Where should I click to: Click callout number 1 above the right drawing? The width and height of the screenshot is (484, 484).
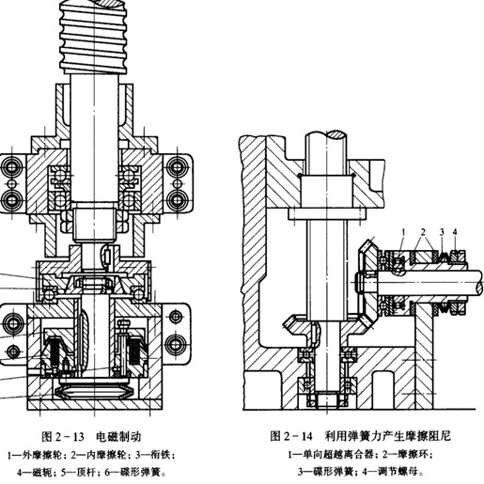click(x=403, y=232)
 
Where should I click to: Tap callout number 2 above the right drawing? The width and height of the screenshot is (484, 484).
click(x=423, y=232)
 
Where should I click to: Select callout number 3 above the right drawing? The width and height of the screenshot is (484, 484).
click(x=442, y=232)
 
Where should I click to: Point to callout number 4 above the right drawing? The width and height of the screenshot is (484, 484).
click(x=455, y=232)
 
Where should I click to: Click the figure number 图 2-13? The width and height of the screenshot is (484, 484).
click(x=63, y=437)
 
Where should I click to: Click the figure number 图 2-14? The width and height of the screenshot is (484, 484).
click(x=291, y=436)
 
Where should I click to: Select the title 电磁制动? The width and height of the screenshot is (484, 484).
click(x=118, y=436)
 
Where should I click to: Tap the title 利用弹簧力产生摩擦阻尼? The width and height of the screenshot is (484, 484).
click(x=387, y=435)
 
